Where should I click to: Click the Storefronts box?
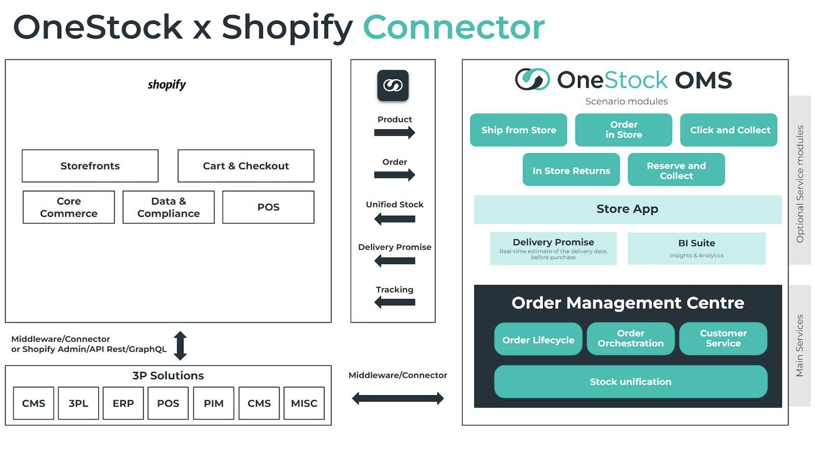point(90,166)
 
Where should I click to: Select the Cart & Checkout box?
point(246,166)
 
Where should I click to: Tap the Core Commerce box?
point(69,207)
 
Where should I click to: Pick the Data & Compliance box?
point(169,207)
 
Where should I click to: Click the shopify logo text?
point(167,84)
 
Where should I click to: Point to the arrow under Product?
point(394,133)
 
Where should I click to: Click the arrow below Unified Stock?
point(394,219)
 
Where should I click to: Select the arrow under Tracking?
point(394,302)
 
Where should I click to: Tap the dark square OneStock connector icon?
point(393,85)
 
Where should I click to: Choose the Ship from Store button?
point(519,130)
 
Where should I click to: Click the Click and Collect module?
point(729,130)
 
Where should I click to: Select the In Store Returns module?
point(571,170)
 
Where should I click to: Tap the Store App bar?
point(628,209)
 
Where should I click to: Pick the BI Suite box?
point(696,248)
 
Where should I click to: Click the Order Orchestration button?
point(631,338)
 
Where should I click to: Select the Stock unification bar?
point(631,382)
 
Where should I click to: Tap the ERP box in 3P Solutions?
point(123,403)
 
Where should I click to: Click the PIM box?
point(213,403)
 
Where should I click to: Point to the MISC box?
point(304,403)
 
